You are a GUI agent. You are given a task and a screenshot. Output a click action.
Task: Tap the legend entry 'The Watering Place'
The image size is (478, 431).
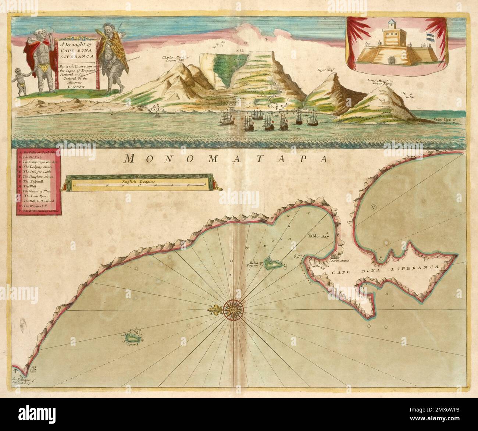click(38, 191)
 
